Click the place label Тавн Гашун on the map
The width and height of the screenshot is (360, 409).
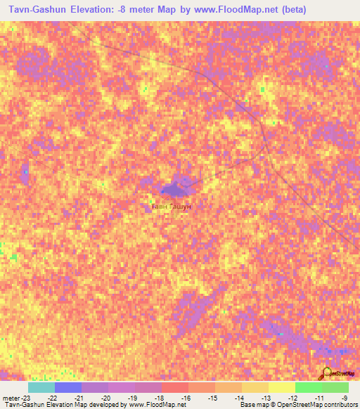click(172, 206)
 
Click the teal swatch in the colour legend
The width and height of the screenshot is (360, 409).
click(41, 387)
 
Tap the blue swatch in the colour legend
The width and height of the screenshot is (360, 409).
click(67, 387)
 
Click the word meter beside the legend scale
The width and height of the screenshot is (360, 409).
click(10, 398)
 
